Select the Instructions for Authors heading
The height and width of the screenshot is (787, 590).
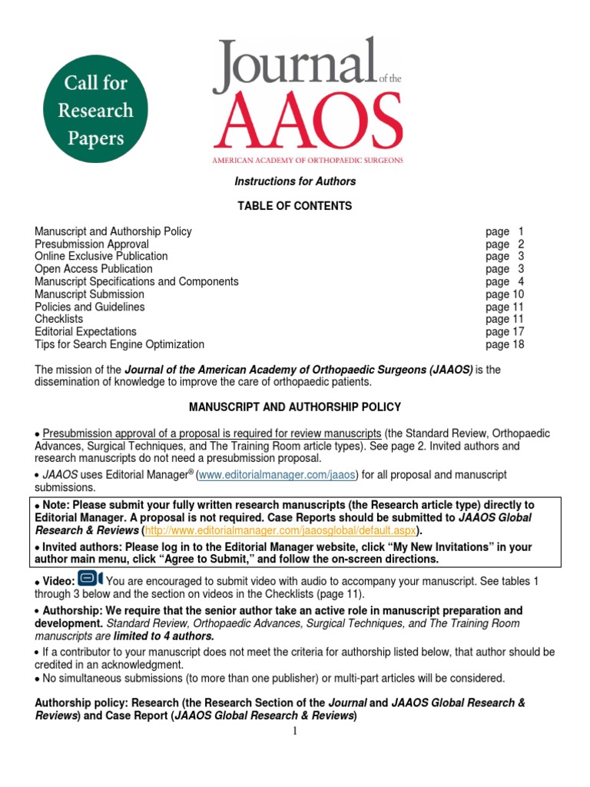coord(294,181)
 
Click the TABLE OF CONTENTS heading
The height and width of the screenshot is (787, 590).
coord(294,206)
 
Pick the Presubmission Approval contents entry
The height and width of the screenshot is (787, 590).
coord(91,244)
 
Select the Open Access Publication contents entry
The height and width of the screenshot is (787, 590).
coord(93,269)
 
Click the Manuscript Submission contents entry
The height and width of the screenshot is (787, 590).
coord(89,294)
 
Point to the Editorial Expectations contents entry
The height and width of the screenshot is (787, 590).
coord(85,331)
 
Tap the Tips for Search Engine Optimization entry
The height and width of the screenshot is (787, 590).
coord(119,344)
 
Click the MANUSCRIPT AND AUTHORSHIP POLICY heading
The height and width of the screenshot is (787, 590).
coord(294,407)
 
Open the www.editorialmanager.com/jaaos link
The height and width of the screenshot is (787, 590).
coord(277,475)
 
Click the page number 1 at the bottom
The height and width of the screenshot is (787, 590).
coord(294,731)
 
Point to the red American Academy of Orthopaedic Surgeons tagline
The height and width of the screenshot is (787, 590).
coord(308,160)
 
